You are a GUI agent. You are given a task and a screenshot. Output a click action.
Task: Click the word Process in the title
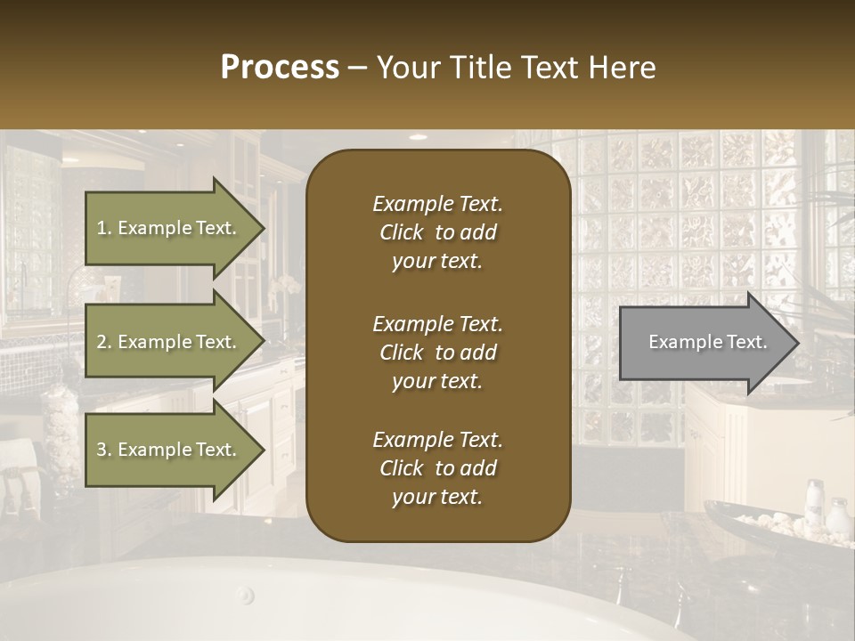(x=280, y=68)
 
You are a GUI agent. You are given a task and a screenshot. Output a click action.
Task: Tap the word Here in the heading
(x=621, y=68)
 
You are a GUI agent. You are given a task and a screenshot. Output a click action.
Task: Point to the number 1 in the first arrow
(x=102, y=228)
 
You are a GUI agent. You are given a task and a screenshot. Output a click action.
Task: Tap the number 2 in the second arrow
(x=102, y=342)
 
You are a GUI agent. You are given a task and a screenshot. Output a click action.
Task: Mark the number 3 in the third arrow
(x=102, y=450)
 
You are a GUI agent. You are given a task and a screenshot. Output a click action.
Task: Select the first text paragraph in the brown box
(x=437, y=232)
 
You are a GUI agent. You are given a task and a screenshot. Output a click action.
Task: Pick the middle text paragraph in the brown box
(x=437, y=353)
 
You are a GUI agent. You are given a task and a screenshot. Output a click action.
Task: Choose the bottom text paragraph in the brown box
(x=437, y=468)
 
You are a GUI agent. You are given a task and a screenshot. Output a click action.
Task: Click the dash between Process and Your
(x=357, y=68)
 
